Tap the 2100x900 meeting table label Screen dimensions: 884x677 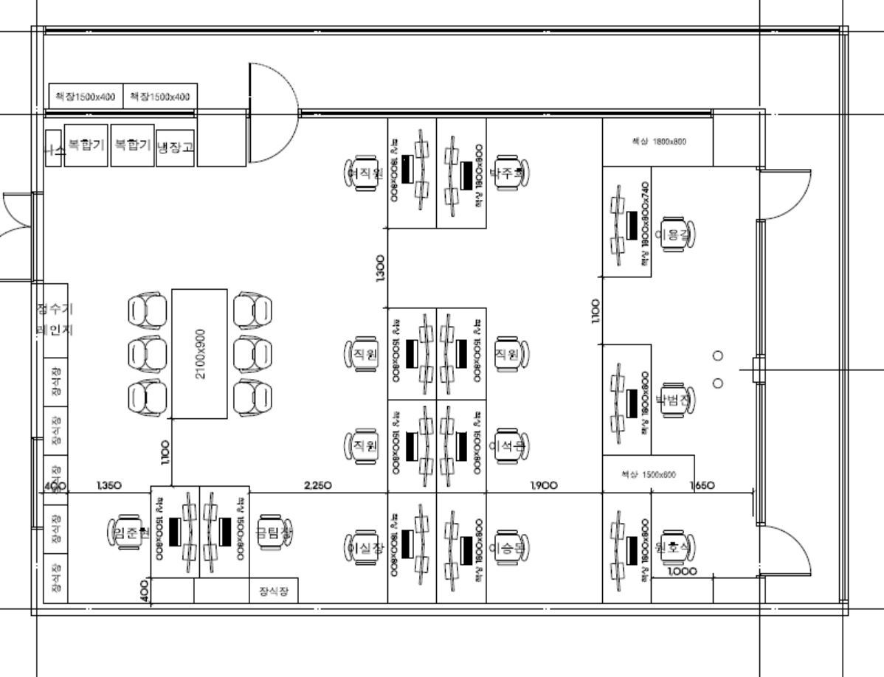click(200, 354)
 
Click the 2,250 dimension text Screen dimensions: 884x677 click(318, 485)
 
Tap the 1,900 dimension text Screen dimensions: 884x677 click(544, 485)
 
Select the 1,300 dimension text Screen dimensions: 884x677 click(379, 267)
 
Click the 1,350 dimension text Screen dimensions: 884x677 click(108, 485)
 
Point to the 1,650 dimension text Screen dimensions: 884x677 click(702, 485)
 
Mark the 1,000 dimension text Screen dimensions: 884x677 click(682, 571)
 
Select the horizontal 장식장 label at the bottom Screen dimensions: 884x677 click(274, 591)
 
